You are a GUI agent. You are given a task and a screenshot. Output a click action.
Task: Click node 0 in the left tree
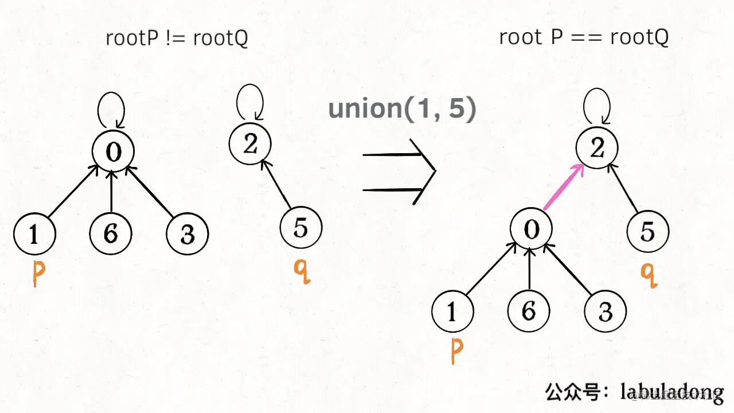pyautogui.click(x=114, y=151)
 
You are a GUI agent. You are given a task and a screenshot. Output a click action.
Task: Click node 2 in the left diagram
pyautogui.click(x=249, y=144)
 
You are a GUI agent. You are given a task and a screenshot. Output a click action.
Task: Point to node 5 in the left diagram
pyautogui.click(x=300, y=228)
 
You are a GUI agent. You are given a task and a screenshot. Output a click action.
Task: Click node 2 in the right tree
pyautogui.click(x=597, y=149)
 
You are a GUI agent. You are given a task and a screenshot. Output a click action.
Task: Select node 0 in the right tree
pyautogui.click(x=532, y=229)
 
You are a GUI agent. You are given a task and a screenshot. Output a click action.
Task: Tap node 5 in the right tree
pyautogui.click(x=647, y=232)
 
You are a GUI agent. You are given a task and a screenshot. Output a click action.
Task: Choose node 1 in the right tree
pyautogui.click(x=452, y=311)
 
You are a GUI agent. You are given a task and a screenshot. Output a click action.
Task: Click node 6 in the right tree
pyautogui.click(x=529, y=311)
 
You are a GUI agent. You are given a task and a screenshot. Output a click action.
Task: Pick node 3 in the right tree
pyautogui.click(x=605, y=311)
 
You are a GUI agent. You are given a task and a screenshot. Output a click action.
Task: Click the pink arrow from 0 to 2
pyautogui.click(x=563, y=187)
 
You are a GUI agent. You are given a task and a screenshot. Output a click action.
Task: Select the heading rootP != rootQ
pyautogui.click(x=177, y=38)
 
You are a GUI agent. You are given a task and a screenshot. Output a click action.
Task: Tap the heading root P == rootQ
pyautogui.click(x=584, y=37)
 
